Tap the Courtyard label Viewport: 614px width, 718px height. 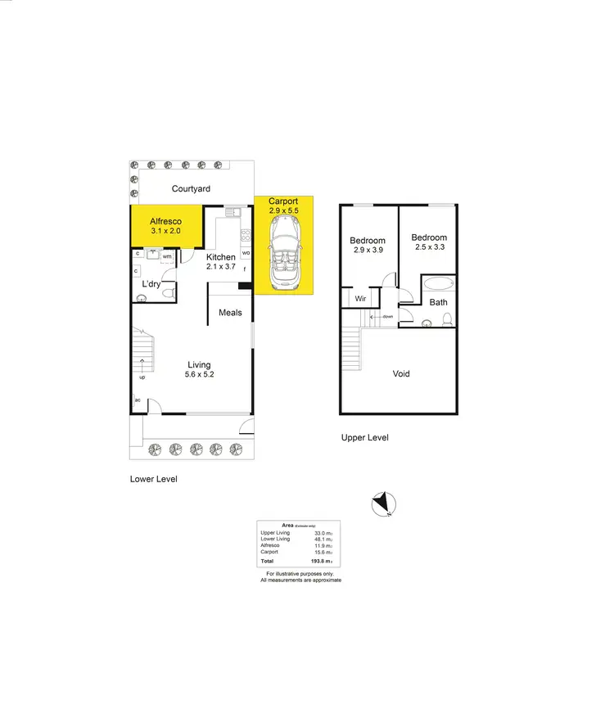191,189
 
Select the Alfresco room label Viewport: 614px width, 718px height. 165,221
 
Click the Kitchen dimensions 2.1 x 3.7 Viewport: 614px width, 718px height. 220,267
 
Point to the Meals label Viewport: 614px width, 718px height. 230,313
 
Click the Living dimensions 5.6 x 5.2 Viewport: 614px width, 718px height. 199,375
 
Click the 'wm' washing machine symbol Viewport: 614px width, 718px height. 166,256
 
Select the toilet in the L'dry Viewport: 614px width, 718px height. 141,298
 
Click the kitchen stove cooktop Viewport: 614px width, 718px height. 244,235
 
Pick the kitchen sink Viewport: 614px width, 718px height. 232,213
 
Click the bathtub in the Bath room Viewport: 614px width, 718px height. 439,286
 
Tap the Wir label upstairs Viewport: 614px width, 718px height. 360,300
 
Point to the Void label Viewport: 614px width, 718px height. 401,374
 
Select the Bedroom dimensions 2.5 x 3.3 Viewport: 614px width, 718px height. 430,247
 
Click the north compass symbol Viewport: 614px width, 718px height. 382,504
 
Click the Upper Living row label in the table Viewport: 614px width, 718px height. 275,533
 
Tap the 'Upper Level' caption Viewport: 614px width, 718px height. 364,438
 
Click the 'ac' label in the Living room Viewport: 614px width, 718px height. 138,400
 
